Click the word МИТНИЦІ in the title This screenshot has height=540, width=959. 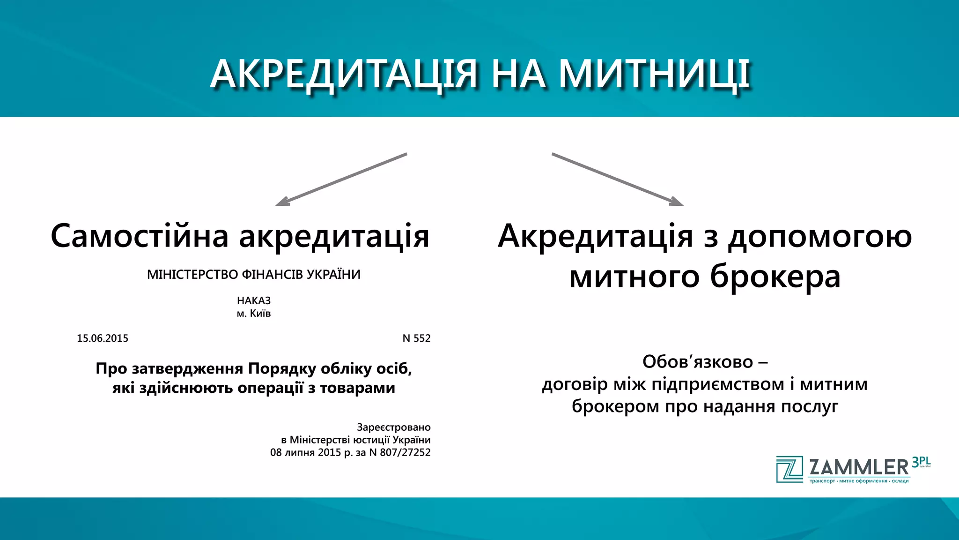[x=655, y=74]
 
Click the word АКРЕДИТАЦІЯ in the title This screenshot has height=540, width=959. [x=344, y=74]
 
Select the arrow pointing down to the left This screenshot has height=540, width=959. [x=341, y=179]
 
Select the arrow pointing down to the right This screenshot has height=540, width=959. [x=618, y=179]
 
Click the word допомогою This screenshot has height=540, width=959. [x=819, y=237]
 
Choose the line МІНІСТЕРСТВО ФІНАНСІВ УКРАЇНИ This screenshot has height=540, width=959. [x=254, y=275]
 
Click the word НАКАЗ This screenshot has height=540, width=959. [x=254, y=300]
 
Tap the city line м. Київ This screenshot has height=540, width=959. [x=254, y=314]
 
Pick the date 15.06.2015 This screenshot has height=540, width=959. [x=103, y=338]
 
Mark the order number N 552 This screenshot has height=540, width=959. [x=416, y=338]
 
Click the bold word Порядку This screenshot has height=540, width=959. [x=282, y=369]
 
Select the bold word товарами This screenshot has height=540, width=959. [x=357, y=388]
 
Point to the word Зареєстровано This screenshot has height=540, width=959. [x=393, y=427]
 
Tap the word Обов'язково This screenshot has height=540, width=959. [x=698, y=362]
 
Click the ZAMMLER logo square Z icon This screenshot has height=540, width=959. [x=789, y=469]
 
